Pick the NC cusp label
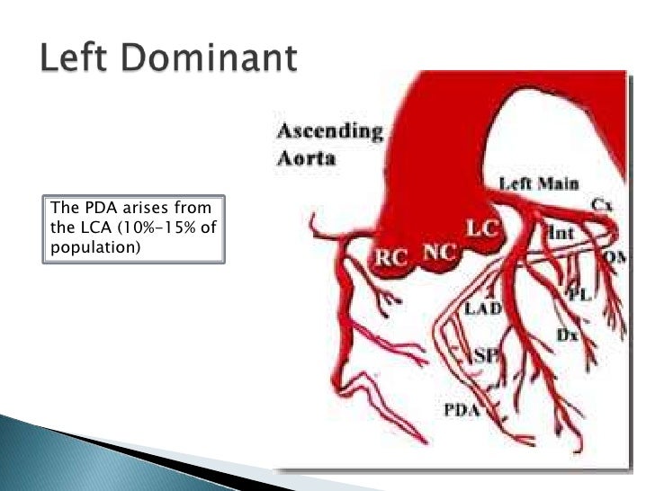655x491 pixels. click(x=438, y=253)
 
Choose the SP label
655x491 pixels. click(x=485, y=354)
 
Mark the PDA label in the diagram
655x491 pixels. click(x=462, y=411)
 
